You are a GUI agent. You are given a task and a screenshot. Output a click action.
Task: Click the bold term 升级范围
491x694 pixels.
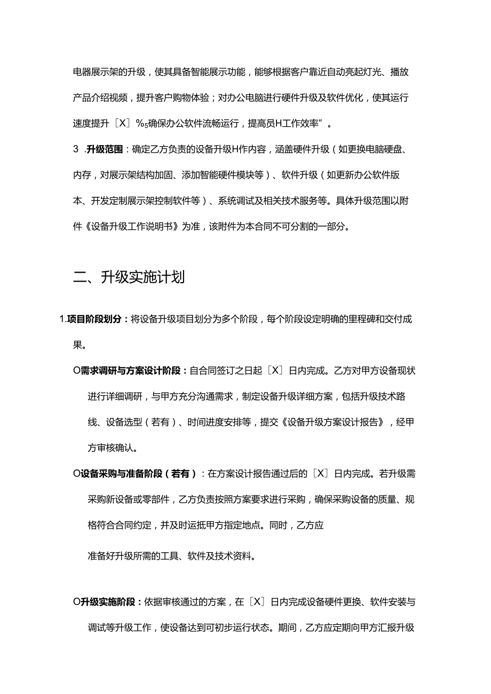pos(105,150)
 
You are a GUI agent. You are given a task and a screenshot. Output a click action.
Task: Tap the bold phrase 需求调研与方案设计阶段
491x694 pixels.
pos(131,371)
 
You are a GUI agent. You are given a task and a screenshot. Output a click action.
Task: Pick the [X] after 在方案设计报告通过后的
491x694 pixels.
pos(320,473)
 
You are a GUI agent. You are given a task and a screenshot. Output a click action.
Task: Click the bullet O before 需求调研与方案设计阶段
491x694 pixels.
pos(76,371)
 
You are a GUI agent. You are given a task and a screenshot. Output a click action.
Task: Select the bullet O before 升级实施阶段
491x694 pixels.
pos(76,602)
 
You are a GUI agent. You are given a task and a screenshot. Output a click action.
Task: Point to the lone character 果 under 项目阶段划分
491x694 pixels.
pos(77,345)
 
